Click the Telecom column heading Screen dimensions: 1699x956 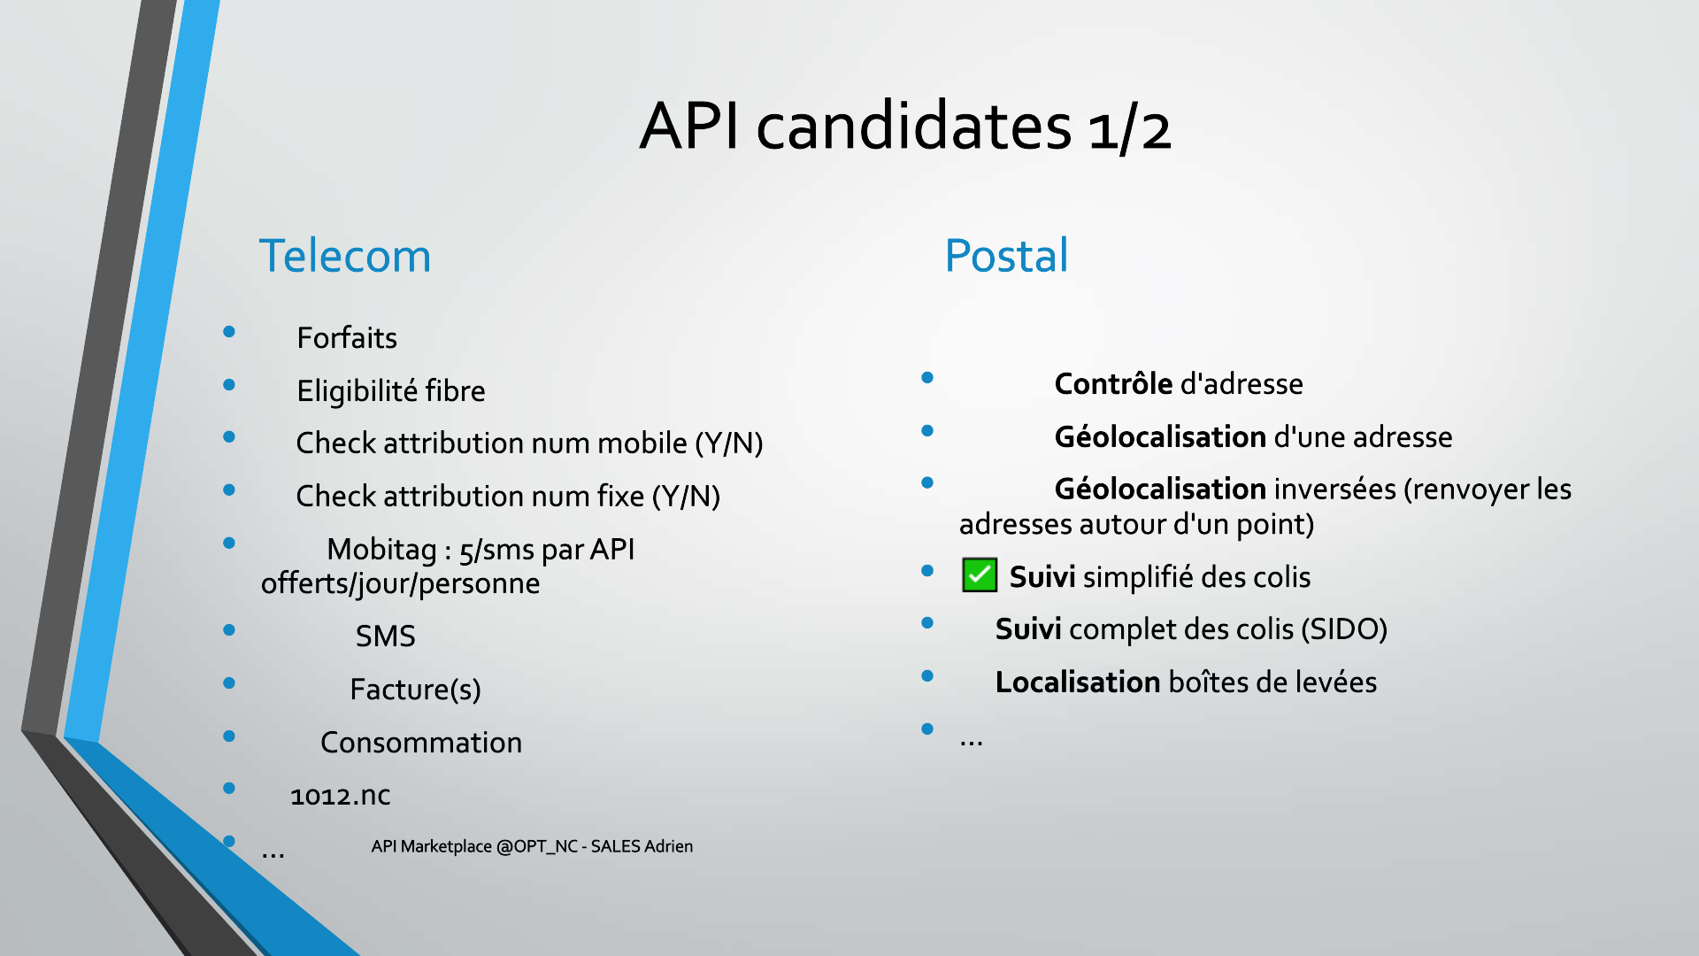point(344,256)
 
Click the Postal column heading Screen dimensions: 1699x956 point(1006,256)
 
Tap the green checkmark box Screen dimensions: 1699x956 point(980,575)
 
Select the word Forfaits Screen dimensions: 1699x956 point(347,337)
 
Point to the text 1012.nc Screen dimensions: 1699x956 point(341,795)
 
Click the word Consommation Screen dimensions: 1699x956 point(421,742)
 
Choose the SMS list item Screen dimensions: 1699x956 point(385,636)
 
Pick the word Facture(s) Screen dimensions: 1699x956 point(415,690)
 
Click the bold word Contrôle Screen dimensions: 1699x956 point(1113,383)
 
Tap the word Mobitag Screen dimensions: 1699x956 point(381,550)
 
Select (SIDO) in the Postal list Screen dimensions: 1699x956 point(1344,629)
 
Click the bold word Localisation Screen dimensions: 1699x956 point(1078,682)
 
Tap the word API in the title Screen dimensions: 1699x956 point(690,126)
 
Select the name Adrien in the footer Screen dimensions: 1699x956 point(668,846)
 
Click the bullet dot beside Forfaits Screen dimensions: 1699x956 point(229,332)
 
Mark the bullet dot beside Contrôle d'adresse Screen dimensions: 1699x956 point(927,378)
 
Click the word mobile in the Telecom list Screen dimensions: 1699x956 point(642,443)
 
